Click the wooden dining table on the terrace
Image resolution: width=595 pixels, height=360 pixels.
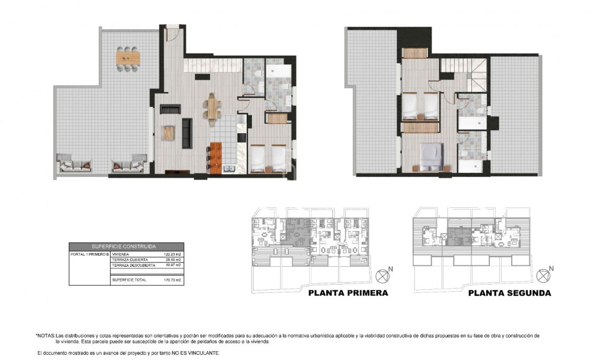click(129, 58)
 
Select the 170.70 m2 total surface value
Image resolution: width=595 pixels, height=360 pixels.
click(172, 279)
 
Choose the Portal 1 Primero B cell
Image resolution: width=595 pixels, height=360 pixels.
click(90, 254)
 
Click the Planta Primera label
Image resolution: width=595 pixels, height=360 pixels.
click(348, 293)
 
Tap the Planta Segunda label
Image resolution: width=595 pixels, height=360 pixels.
click(509, 293)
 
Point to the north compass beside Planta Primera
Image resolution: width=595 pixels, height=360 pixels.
click(383, 276)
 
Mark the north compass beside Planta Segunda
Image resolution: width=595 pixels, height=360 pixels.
click(543, 276)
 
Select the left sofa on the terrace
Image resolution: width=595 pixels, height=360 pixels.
click(74, 163)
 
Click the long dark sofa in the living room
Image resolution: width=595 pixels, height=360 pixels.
click(187, 133)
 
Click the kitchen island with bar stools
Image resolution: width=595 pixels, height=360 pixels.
click(216, 159)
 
